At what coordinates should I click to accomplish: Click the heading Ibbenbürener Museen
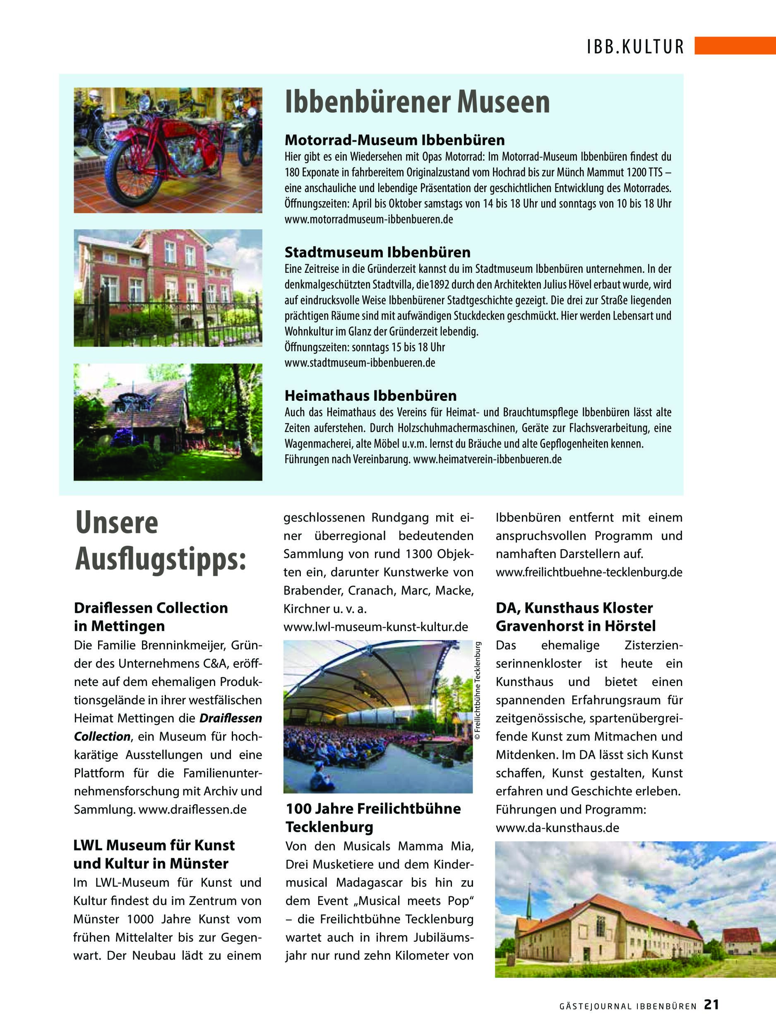tap(417, 103)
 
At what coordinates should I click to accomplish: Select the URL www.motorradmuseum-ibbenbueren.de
tap(369, 219)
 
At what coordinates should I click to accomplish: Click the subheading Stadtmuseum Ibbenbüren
tap(377, 253)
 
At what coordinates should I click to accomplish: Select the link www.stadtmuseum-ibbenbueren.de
tap(360, 363)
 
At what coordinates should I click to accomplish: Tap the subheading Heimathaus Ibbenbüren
tap(370, 396)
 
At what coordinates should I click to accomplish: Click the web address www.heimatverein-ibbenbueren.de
tap(488, 459)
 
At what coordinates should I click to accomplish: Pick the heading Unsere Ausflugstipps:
tap(159, 542)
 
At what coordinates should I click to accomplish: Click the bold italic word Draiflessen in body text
tap(231, 718)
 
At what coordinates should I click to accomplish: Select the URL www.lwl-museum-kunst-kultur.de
tap(376, 626)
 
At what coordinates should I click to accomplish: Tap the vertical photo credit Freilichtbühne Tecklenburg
tap(478, 691)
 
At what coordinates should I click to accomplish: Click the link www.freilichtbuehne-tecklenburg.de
tap(589, 572)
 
